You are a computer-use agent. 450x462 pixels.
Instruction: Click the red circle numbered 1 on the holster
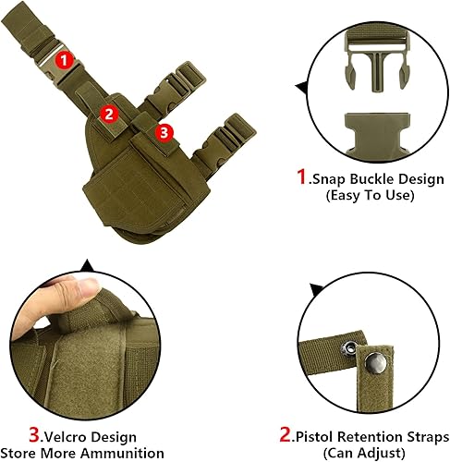pos(64,59)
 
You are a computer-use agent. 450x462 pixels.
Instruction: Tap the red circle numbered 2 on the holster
pos(109,115)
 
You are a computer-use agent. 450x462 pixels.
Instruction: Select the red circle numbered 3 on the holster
pos(164,132)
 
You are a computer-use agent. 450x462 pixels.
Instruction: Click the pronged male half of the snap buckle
pos(376,66)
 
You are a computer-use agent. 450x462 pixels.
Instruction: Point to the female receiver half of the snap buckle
pos(376,132)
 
